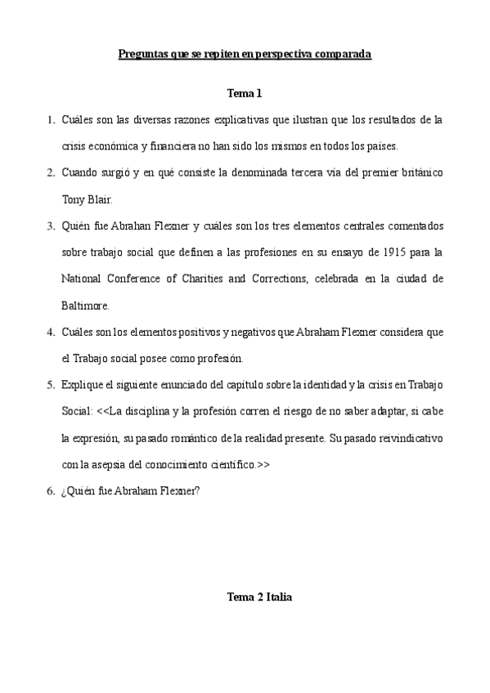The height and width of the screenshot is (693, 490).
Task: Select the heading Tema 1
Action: click(244, 94)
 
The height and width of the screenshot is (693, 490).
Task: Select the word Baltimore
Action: click(85, 305)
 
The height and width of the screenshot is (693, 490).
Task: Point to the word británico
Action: click(418, 172)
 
